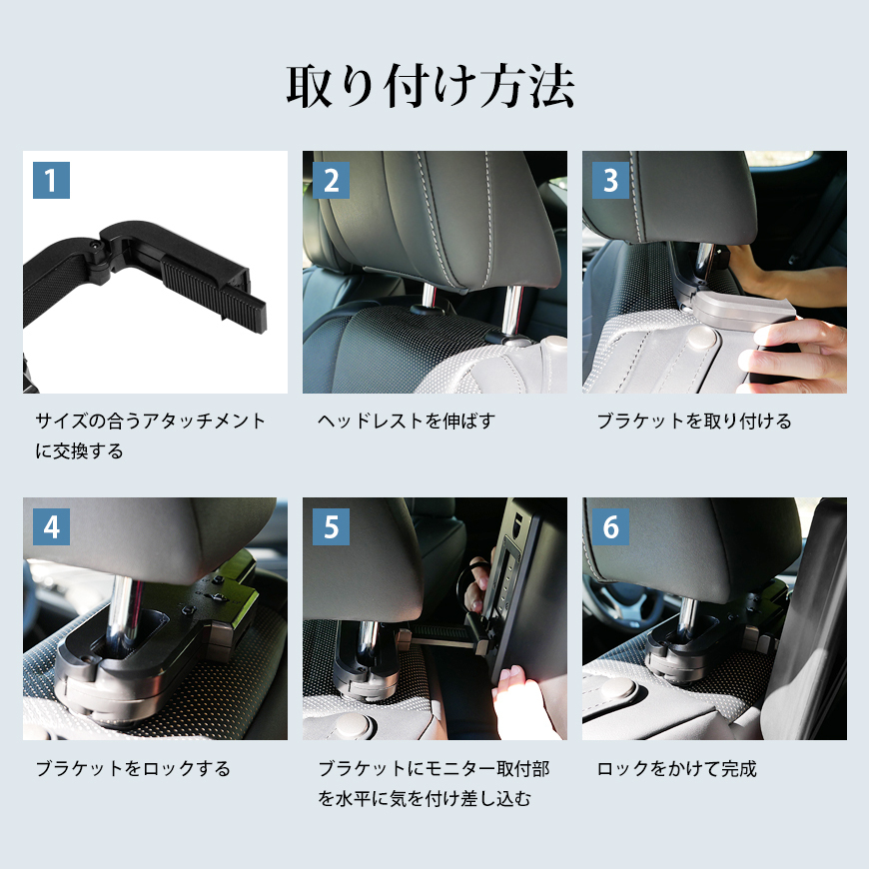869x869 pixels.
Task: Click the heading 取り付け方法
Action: tap(431, 86)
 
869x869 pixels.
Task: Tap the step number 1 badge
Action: tap(52, 180)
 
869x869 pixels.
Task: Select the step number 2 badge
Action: tap(331, 180)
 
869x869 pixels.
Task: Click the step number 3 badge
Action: tap(610, 180)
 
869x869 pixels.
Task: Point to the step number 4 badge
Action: tap(52, 526)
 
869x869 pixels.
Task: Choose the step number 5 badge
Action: tap(331, 526)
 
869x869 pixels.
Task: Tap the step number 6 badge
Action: tap(610, 526)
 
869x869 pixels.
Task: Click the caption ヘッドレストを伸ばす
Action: tap(407, 422)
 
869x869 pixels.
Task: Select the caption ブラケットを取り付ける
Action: tap(694, 422)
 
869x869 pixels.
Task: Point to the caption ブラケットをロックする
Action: tap(133, 769)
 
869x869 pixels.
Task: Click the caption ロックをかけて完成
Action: tap(676, 769)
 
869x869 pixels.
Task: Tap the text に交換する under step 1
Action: tap(79, 451)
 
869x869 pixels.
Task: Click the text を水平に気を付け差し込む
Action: tap(425, 799)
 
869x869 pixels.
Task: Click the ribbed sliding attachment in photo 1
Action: tap(214, 294)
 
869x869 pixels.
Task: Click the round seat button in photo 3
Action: tap(702, 337)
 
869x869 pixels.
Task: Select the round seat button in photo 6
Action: tap(618, 689)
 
